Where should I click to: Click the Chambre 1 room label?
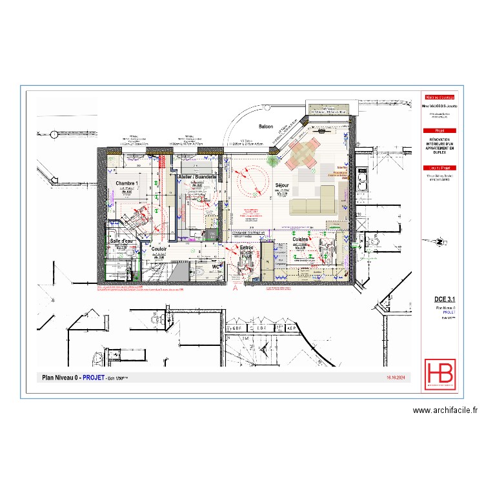pos(128,184)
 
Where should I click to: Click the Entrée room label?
pos(247,247)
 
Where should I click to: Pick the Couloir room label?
pos(159,248)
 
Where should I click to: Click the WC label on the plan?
pos(216,265)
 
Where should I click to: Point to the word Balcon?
pos(266,126)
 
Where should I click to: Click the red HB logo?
pos(438,375)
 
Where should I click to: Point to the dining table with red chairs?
pos(303,153)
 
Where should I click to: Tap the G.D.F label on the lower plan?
pos(243,328)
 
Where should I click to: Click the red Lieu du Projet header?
pos(438,168)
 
